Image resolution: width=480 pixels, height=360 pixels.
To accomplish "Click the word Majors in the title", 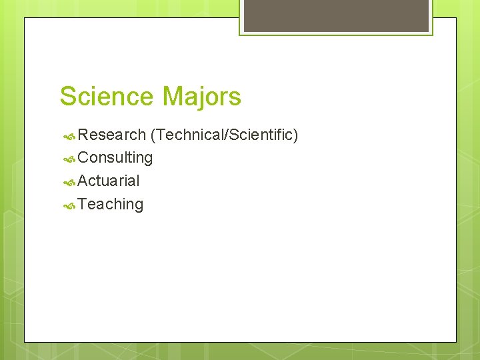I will [201, 97].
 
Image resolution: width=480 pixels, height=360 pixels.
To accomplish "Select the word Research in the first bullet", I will [111, 135].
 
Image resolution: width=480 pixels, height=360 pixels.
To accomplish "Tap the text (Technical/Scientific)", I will [224, 135].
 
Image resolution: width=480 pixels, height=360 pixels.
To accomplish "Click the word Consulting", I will [115, 158].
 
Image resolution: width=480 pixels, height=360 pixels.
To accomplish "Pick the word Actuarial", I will [109, 181].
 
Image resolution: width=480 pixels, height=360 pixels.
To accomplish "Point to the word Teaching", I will [111, 204].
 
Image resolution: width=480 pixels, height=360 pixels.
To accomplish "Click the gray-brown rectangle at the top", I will [336, 15].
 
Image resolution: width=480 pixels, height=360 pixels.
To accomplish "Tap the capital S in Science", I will [68, 97].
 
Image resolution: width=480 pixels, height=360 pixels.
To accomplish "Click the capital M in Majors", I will [172, 97].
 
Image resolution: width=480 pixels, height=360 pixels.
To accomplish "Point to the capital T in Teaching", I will [82, 204].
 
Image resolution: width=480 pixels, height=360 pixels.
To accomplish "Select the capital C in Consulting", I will [83, 158].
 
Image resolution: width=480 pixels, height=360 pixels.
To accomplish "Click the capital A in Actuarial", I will [83, 181].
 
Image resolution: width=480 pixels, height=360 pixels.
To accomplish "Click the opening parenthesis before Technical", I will [153, 135].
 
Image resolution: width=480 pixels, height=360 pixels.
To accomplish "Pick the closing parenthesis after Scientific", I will [295, 135].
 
